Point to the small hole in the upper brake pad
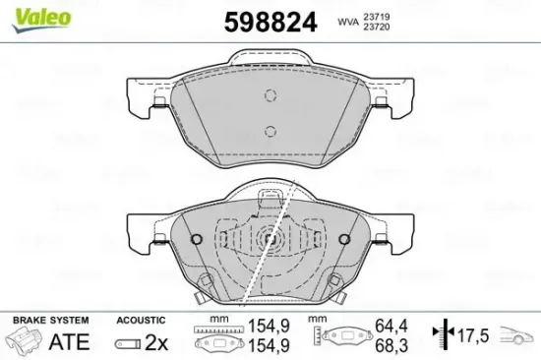(268, 94)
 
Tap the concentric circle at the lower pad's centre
(270, 239)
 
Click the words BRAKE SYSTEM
(49, 321)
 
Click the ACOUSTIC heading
(138, 321)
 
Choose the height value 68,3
(391, 346)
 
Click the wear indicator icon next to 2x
(128, 343)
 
